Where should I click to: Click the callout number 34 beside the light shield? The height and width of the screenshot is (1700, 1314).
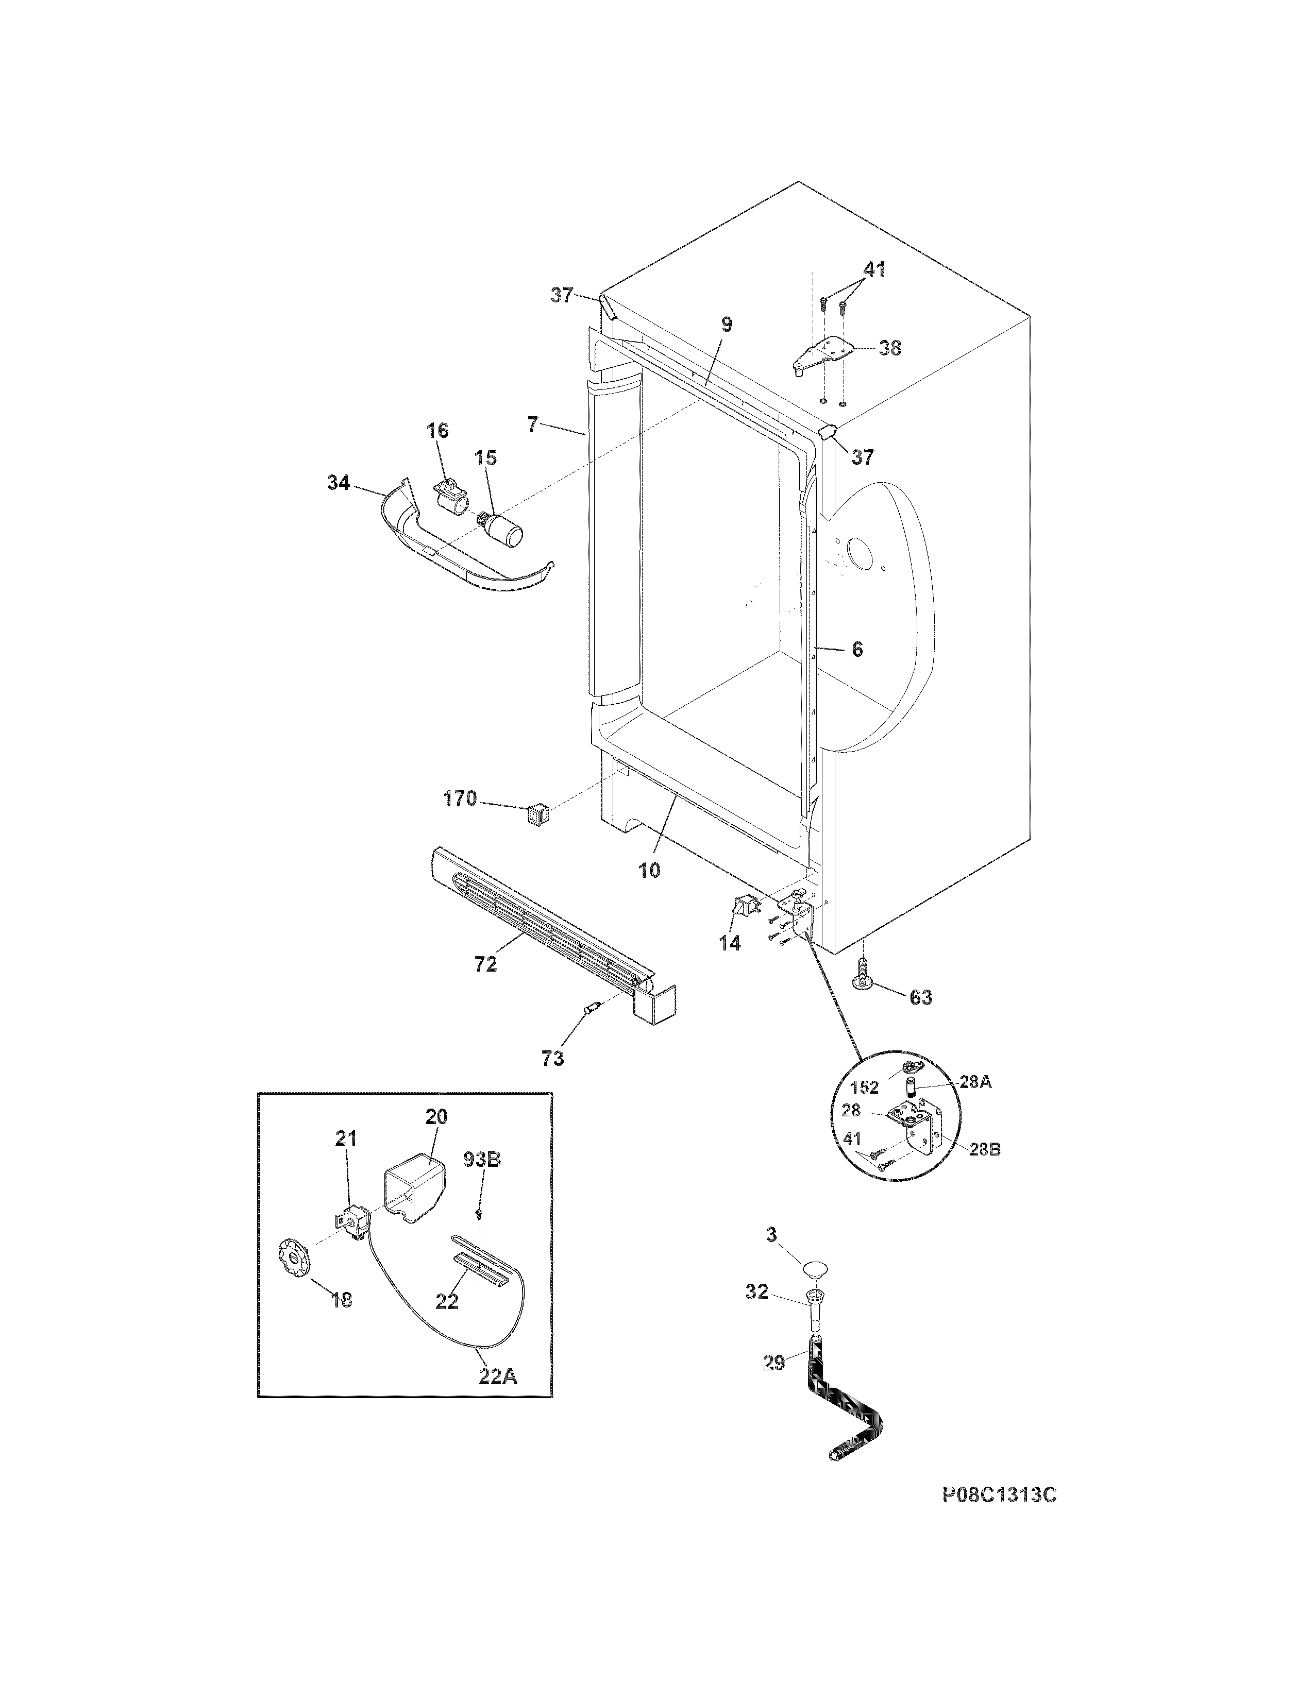(338, 483)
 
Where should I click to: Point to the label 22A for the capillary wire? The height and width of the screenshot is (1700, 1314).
(497, 1376)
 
